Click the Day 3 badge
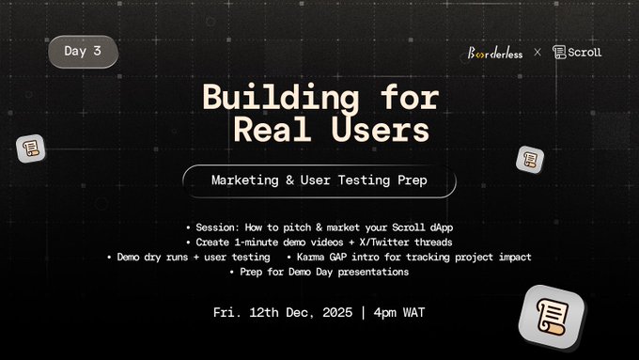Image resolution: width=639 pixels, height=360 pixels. (x=83, y=52)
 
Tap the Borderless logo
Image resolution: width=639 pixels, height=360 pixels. (x=495, y=53)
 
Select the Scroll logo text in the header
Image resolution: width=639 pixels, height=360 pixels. (x=584, y=53)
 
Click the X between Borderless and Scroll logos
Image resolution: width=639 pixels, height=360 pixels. (x=538, y=53)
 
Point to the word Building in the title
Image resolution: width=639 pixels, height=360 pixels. (x=281, y=97)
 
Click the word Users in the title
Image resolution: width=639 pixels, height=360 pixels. (x=381, y=129)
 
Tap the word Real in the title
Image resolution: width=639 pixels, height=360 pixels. (x=273, y=129)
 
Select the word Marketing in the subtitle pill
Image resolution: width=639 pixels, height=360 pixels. (x=245, y=180)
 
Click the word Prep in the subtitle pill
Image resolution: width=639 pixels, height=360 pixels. (x=413, y=180)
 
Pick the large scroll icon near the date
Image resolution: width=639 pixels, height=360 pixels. (x=552, y=317)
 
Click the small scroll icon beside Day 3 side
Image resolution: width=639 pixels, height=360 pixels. (x=31, y=149)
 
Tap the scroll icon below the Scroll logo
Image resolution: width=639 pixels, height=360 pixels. (x=530, y=160)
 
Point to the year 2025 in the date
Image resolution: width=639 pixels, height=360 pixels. (x=337, y=313)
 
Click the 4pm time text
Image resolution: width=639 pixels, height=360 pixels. (x=384, y=313)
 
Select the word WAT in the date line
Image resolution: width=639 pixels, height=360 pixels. (x=414, y=313)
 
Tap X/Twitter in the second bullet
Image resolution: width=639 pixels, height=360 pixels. (x=384, y=243)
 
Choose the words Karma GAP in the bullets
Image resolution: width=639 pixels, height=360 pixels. (x=322, y=258)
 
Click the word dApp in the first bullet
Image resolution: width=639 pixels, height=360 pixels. (x=442, y=227)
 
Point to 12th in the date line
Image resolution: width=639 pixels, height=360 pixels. (x=264, y=313)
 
